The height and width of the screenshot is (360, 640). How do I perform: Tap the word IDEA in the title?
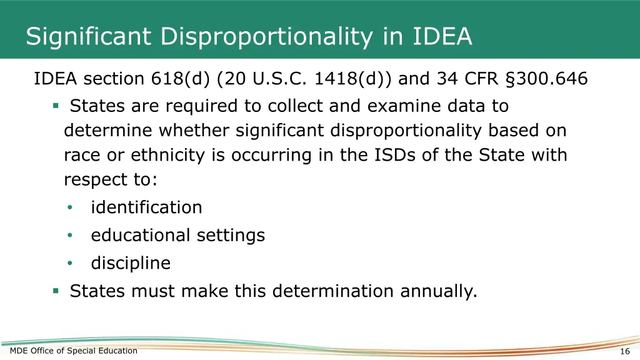[x=442, y=36]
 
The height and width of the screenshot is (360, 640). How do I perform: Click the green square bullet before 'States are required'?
[x=56, y=106]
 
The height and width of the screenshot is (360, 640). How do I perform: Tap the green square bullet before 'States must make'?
[x=56, y=291]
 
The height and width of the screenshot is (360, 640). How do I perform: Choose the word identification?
[x=146, y=207]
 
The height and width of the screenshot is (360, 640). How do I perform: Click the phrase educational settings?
[x=178, y=236]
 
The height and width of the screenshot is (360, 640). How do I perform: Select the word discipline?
[x=131, y=263]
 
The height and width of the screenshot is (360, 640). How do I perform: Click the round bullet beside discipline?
[x=71, y=263]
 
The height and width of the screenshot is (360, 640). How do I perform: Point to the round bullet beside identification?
[x=71, y=207]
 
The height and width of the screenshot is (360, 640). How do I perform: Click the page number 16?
[x=624, y=351]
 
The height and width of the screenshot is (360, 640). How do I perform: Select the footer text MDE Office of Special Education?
[x=74, y=351]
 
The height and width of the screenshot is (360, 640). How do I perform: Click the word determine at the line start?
[x=108, y=131]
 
